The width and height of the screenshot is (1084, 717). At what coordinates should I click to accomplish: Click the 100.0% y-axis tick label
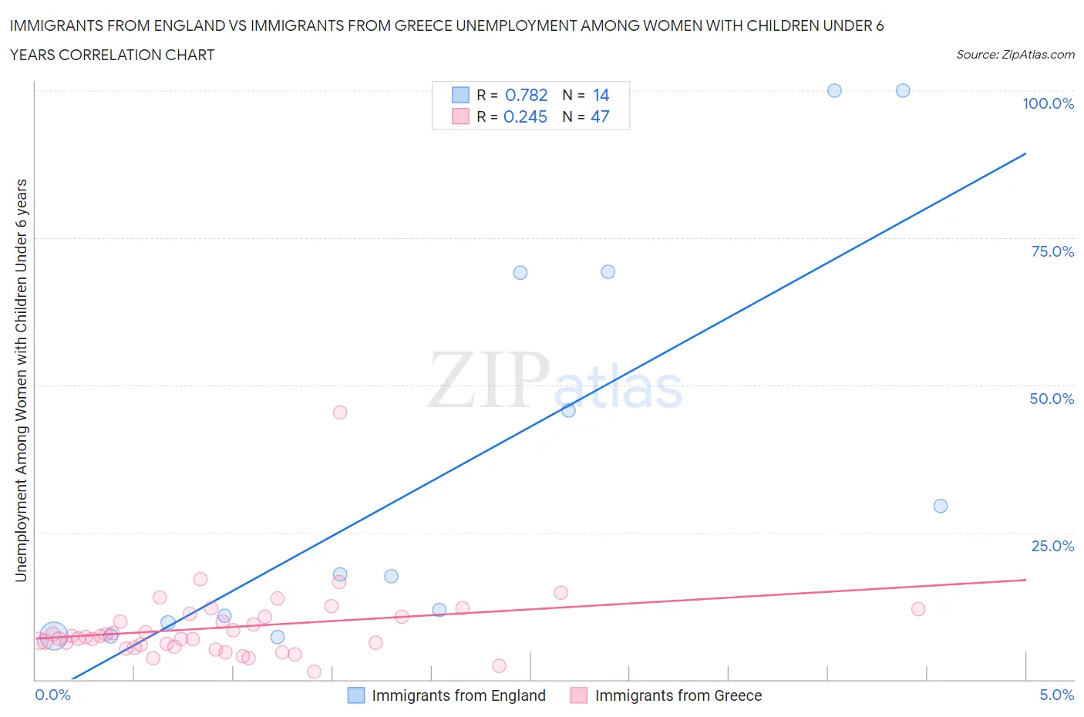tap(1048, 103)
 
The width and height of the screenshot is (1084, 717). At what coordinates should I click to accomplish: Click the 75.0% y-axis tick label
tap(1052, 251)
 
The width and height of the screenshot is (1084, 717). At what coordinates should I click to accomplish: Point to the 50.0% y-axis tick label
tap(1052, 399)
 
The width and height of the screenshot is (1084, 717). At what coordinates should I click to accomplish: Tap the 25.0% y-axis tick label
tap(1052, 546)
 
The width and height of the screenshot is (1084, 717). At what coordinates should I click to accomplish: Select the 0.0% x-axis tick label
tap(52, 695)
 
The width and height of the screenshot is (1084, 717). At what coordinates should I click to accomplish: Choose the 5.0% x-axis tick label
tap(1056, 695)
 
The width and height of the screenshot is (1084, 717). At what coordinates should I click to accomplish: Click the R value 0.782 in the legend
tap(526, 95)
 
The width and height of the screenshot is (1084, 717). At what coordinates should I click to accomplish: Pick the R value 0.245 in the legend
tap(525, 116)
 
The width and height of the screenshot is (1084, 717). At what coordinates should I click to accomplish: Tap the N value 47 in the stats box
tap(600, 116)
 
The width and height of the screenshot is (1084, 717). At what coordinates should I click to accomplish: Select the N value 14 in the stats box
tap(601, 95)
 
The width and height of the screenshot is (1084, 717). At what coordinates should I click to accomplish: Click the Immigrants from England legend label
tap(458, 695)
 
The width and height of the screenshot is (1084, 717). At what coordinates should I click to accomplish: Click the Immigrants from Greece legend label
tap(678, 695)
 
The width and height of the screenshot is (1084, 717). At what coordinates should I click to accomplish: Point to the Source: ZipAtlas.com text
tap(1015, 55)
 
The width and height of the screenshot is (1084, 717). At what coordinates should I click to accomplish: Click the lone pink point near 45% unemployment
tap(340, 412)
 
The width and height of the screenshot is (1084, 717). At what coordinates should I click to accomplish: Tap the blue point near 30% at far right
tap(940, 506)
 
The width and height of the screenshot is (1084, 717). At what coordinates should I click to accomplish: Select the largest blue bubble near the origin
tap(53, 636)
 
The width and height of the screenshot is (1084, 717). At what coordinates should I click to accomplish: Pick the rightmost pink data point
tap(917, 609)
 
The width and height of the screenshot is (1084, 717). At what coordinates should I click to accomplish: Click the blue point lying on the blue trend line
tap(568, 410)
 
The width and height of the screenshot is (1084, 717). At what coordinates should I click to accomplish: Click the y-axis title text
tap(21, 380)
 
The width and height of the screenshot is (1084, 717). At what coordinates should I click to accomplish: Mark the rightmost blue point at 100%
tap(903, 90)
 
